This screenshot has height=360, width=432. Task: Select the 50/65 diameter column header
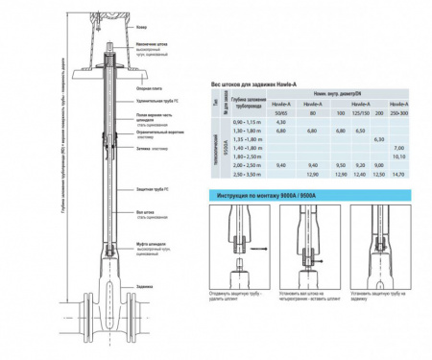(281, 114)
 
